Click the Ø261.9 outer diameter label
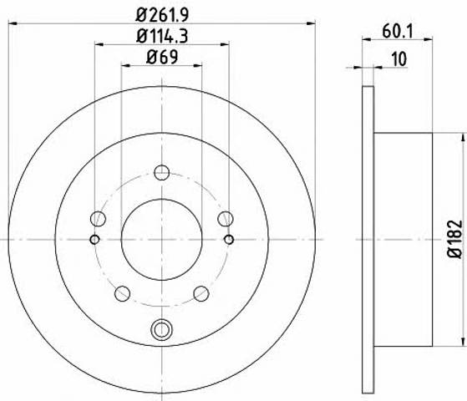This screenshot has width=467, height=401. coord(162,15)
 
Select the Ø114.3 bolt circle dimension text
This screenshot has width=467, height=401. coord(162,37)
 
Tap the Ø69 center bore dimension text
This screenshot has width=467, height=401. coord(162,57)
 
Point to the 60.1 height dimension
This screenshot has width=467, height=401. coord(398,31)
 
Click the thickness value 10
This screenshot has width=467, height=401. coord(399,59)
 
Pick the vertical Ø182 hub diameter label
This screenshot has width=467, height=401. coord(455,239)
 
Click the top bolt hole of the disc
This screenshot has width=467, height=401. coord(162,172)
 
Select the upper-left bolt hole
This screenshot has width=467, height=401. coord(98,219)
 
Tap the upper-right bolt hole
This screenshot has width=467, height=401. coord(226,219)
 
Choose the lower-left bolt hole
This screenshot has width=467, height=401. coord(123,293)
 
